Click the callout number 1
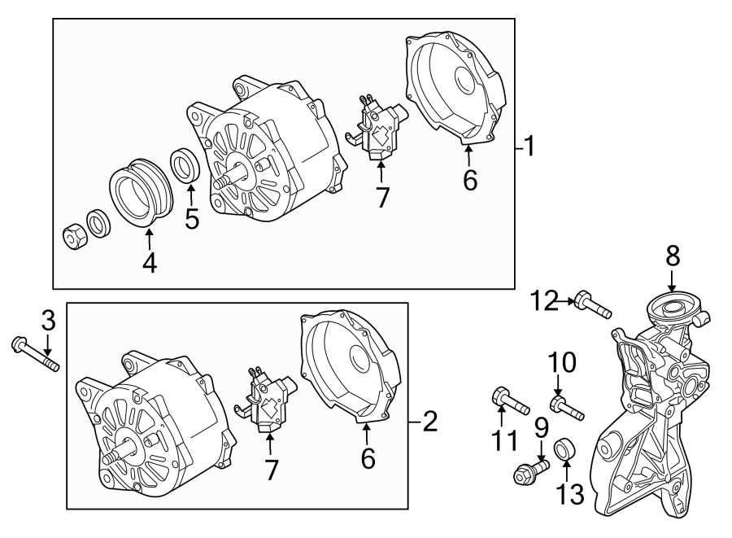coord(529,148)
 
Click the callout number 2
coord(429,422)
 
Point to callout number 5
coord(192,219)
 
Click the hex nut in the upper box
coord(73,235)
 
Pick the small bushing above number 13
coord(564,449)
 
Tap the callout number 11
coord(504,440)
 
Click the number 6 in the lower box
coord(368,460)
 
